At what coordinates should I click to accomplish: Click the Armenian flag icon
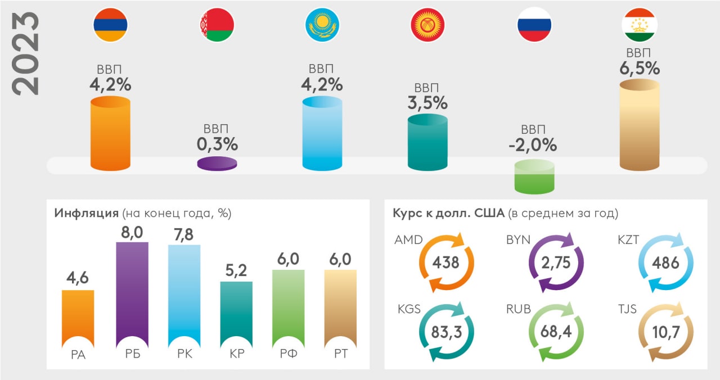[x=110, y=25]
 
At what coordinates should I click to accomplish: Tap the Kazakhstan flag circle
[x=322, y=25]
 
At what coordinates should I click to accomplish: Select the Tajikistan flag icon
[x=640, y=25]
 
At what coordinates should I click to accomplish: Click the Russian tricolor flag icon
[x=534, y=25]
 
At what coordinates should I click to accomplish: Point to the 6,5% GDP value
[x=639, y=69]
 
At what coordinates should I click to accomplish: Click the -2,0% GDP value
[x=534, y=145]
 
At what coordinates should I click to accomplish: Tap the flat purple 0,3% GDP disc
[x=217, y=164]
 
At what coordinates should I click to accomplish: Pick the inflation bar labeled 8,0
[x=132, y=292]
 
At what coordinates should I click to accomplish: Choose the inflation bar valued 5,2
[x=236, y=312]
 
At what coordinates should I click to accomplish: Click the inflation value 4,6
[x=78, y=277]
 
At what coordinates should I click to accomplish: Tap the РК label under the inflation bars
[x=184, y=354]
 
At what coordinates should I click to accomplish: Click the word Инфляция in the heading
[x=85, y=214]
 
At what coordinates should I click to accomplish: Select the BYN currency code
[x=518, y=240]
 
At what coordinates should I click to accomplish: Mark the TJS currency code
[x=628, y=310]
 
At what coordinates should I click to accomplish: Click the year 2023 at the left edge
[x=27, y=53]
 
